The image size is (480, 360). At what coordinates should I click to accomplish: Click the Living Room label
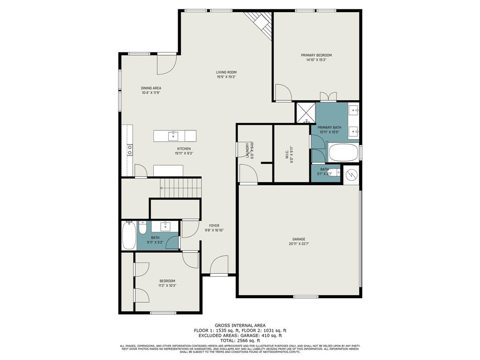tap(226, 72)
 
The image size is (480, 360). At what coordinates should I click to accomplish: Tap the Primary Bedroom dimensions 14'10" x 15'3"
tap(316, 60)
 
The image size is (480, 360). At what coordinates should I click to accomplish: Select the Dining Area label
tap(151, 88)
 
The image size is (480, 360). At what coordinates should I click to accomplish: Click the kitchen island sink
tap(173, 136)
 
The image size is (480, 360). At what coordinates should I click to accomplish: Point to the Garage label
tap(299, 239)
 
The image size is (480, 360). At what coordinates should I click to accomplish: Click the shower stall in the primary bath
tap(305, 112)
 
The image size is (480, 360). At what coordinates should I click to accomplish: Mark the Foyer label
tap(214, 225)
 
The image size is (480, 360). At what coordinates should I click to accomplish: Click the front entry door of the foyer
tap(219, 268)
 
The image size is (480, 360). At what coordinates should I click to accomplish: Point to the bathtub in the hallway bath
tap(129, 236)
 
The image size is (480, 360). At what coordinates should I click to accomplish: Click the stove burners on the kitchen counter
tap(129, 150)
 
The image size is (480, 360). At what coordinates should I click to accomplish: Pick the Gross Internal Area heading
tap(240, 325)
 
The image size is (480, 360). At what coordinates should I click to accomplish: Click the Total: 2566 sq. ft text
tap(240, 340)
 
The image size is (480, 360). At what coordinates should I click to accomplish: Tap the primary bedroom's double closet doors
tap(328, 97)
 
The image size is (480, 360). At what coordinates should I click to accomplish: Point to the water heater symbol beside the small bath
tap(351, 174)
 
